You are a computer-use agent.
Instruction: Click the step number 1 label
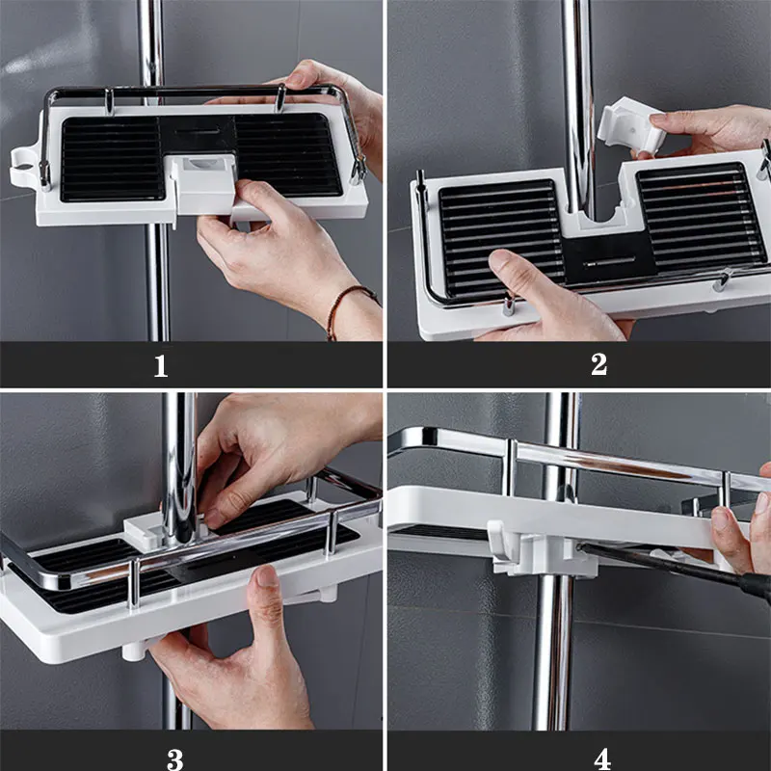tap(161, 366)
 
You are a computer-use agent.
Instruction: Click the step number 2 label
tap(598, 365)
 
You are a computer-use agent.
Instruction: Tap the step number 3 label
tap(175, 759)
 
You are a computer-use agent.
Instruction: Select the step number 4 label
tap(602, 759)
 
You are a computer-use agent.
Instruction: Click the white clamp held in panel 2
tap(631, 126)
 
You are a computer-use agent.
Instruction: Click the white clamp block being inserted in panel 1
tap(203, 184)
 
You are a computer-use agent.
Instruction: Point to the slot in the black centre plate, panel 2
tap(609, 261)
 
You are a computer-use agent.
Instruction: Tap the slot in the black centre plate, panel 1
tap(198, 132)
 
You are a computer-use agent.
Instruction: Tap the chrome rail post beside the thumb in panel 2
tap(509, 304)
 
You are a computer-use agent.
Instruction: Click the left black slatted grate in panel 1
tap(113, 158)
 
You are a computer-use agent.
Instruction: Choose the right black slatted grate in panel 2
tap(701, 215)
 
